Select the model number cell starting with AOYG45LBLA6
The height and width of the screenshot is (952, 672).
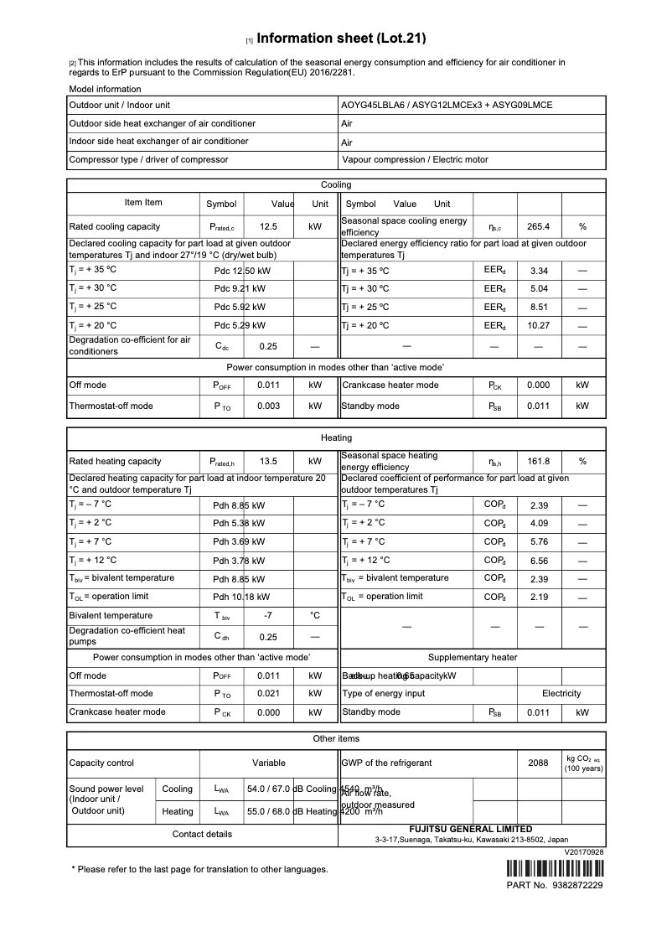[x=446, y=106]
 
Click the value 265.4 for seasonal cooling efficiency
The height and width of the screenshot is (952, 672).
[x=538, y=226]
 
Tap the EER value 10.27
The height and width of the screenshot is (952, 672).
[x=539, y=325]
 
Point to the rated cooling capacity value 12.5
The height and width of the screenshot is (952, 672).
[x=268, y=226]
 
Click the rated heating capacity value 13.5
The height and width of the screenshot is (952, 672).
[x=268, y=461]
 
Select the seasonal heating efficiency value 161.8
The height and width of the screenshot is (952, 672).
[x=538, y=461]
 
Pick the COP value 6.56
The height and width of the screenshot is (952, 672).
[x=539, y=561]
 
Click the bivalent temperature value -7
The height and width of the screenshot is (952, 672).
[x=268, y=615]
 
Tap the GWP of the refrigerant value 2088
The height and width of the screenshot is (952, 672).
[x=538, y=763]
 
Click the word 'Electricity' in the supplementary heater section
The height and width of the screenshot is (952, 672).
[x=561, y=693]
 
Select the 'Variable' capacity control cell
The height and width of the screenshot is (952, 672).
[x=269, y=763]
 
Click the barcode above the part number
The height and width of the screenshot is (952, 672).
[x=555, y=867]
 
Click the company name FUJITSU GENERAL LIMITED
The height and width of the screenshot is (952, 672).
[x=471, y=829]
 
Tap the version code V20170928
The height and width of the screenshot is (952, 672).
[x=584, y=851]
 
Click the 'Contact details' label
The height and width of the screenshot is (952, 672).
[x=202, y=834]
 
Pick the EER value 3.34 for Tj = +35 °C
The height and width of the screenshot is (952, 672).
[x=539, y=271]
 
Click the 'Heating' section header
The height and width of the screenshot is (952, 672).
[x=336, y=437]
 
